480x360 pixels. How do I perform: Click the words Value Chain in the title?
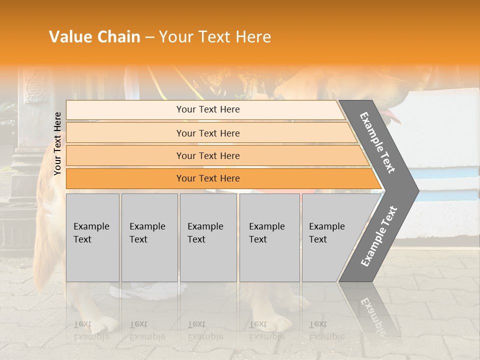click(94, 37)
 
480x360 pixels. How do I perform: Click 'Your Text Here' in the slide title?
click(215, 37)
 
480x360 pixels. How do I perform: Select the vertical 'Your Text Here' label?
click(58, 143)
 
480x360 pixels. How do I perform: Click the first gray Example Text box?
click(92, 237)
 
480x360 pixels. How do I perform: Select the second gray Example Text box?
click(149, 237)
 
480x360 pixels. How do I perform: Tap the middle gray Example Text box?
click(208, 237)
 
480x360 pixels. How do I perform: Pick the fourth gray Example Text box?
click(269, 237)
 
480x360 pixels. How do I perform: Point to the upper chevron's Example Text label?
click(377, 142)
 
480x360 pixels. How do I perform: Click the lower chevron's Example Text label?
click(378, 236)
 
